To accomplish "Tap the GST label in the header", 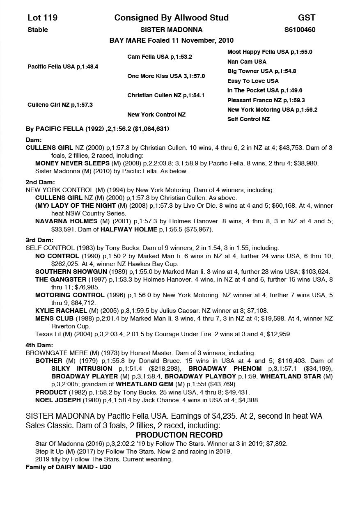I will pos(307,18).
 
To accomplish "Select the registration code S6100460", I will pos(300,30).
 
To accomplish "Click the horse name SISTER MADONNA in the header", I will pos(171,30).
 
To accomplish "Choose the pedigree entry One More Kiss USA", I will pos(166,76).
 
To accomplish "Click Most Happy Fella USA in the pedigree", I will pos(270,52).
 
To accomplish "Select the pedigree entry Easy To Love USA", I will pos(253,81).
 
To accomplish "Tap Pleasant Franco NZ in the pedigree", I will pos(266,100).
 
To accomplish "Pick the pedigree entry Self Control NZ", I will pos(248,119).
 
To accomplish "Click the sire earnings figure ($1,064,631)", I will pos(149,129).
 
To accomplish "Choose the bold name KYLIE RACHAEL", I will pos(61,310).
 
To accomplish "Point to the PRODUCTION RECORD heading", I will pos(179,435).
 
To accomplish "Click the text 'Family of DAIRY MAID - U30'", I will pos(68,467).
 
